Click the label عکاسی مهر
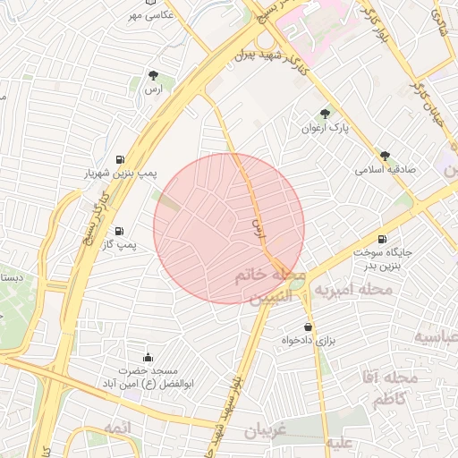pyautogui.click(x=148, y=15)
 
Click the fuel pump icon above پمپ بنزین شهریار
pyautogui.click(x=119, y=159)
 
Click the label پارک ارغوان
pyautogui.click(x=325, y=128)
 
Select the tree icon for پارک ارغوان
pyautogui.click(x=324, y=114)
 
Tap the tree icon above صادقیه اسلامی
pyautogui.click(x=386, y=155)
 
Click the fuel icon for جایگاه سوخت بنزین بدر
pyautogui.click(x=383, y=239)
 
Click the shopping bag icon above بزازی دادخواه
pyautogui.click(x=309, y=327)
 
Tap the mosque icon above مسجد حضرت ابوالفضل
pyautogui.click(x=148, y=357)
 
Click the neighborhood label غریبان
pyautogui.click(x=266, y=430)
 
